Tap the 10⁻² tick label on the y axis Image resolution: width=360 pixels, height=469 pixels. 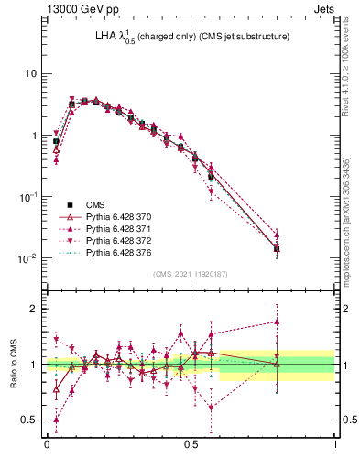28,258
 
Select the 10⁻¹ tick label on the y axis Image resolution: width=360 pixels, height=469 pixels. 28,197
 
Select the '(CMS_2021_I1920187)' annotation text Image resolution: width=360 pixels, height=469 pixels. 191,274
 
